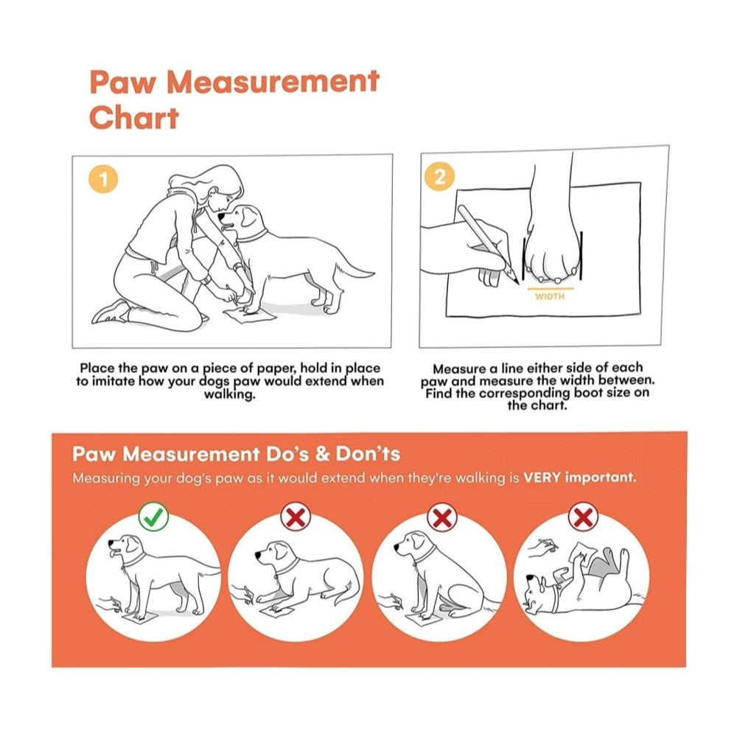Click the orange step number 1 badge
click(103, 179)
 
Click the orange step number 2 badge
click(439, 177)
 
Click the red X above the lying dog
click(296, 517)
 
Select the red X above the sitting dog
click(442, 517)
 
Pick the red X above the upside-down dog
click(583, 517)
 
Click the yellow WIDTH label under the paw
click(550, 296)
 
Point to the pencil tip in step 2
click(517, 283)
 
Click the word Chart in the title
click(134, 117)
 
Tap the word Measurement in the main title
click(273, 81)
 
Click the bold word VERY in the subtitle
click(542, 478)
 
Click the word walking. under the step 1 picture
click(230, 394)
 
